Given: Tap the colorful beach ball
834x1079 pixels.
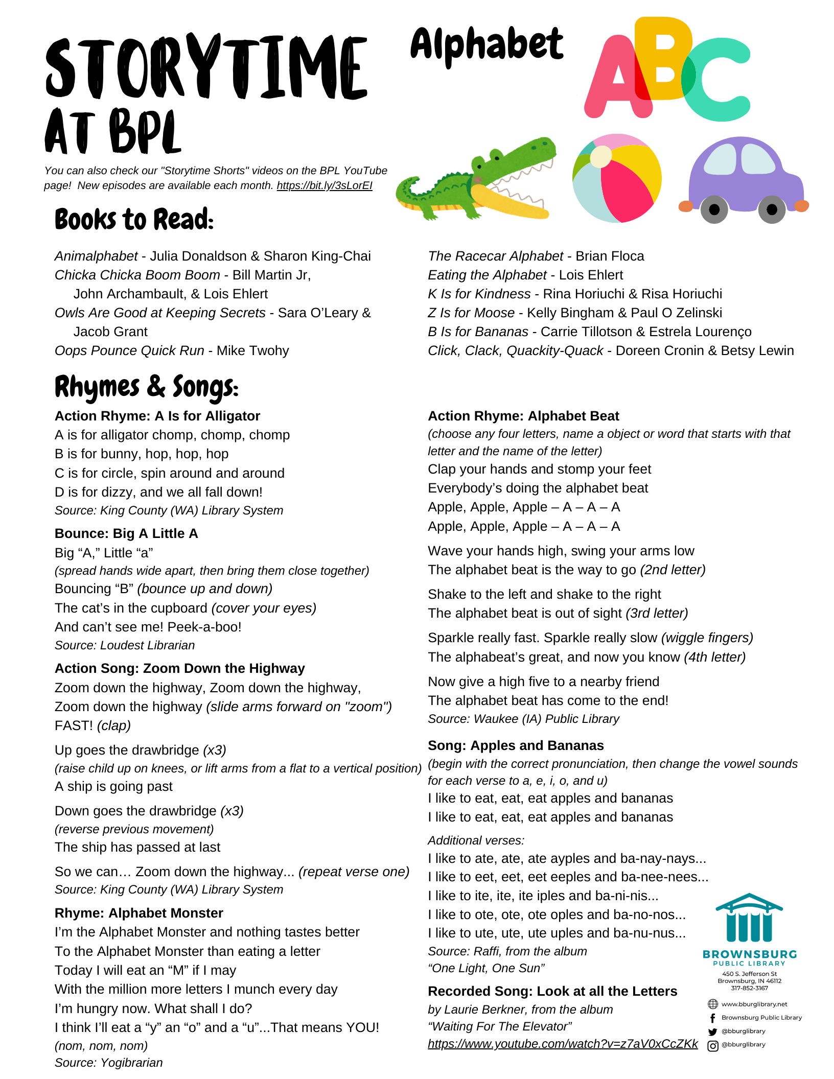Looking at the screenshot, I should (x=617, y=178).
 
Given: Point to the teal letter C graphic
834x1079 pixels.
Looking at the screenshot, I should (x=715, y=82).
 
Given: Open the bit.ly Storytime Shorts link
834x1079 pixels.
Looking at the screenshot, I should (x=325, y=185).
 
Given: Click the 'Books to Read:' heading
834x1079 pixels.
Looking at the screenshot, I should (x=134, y=220).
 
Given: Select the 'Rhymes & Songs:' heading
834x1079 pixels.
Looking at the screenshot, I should (x=146, y=387).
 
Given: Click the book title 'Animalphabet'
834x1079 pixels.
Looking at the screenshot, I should (x=96, y=256).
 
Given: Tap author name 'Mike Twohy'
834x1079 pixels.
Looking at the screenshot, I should (x=252, y=350).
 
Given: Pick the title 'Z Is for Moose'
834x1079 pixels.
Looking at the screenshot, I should (x=471, y=313).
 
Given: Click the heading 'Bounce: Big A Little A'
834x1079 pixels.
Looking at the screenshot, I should (x=126, y=533).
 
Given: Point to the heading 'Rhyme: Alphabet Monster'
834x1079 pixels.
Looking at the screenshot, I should (x=139, y=913).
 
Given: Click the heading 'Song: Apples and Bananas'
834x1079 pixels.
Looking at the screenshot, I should (x=516, y=745).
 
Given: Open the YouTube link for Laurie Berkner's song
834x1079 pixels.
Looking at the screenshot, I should (x=563, y=1044).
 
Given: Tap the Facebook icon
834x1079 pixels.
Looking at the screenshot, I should (x=712, y=1018).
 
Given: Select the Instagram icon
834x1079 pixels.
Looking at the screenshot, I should (x=712, y=1045).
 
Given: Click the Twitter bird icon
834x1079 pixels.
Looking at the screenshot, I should (x=712, y=1031).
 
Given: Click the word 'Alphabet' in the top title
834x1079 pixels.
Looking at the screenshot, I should (x=486, y=45).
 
